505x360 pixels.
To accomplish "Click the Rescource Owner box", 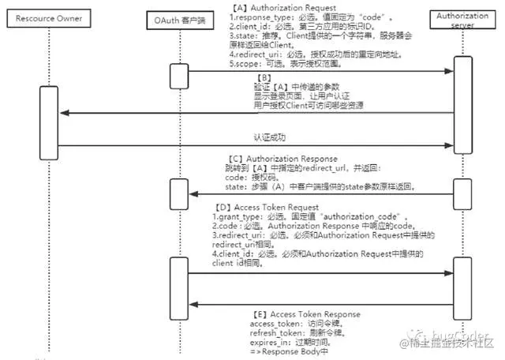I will click(50, 17).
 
